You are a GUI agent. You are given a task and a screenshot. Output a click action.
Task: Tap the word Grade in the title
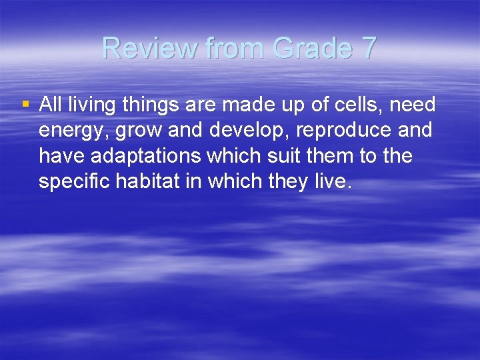(308, 47)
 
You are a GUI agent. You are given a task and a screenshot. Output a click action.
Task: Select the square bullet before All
(26, 104)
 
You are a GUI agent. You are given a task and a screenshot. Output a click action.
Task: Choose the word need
(413, 105)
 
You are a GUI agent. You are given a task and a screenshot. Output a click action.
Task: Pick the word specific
(75, 181)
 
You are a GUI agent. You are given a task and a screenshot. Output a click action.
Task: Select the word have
(61, 156)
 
